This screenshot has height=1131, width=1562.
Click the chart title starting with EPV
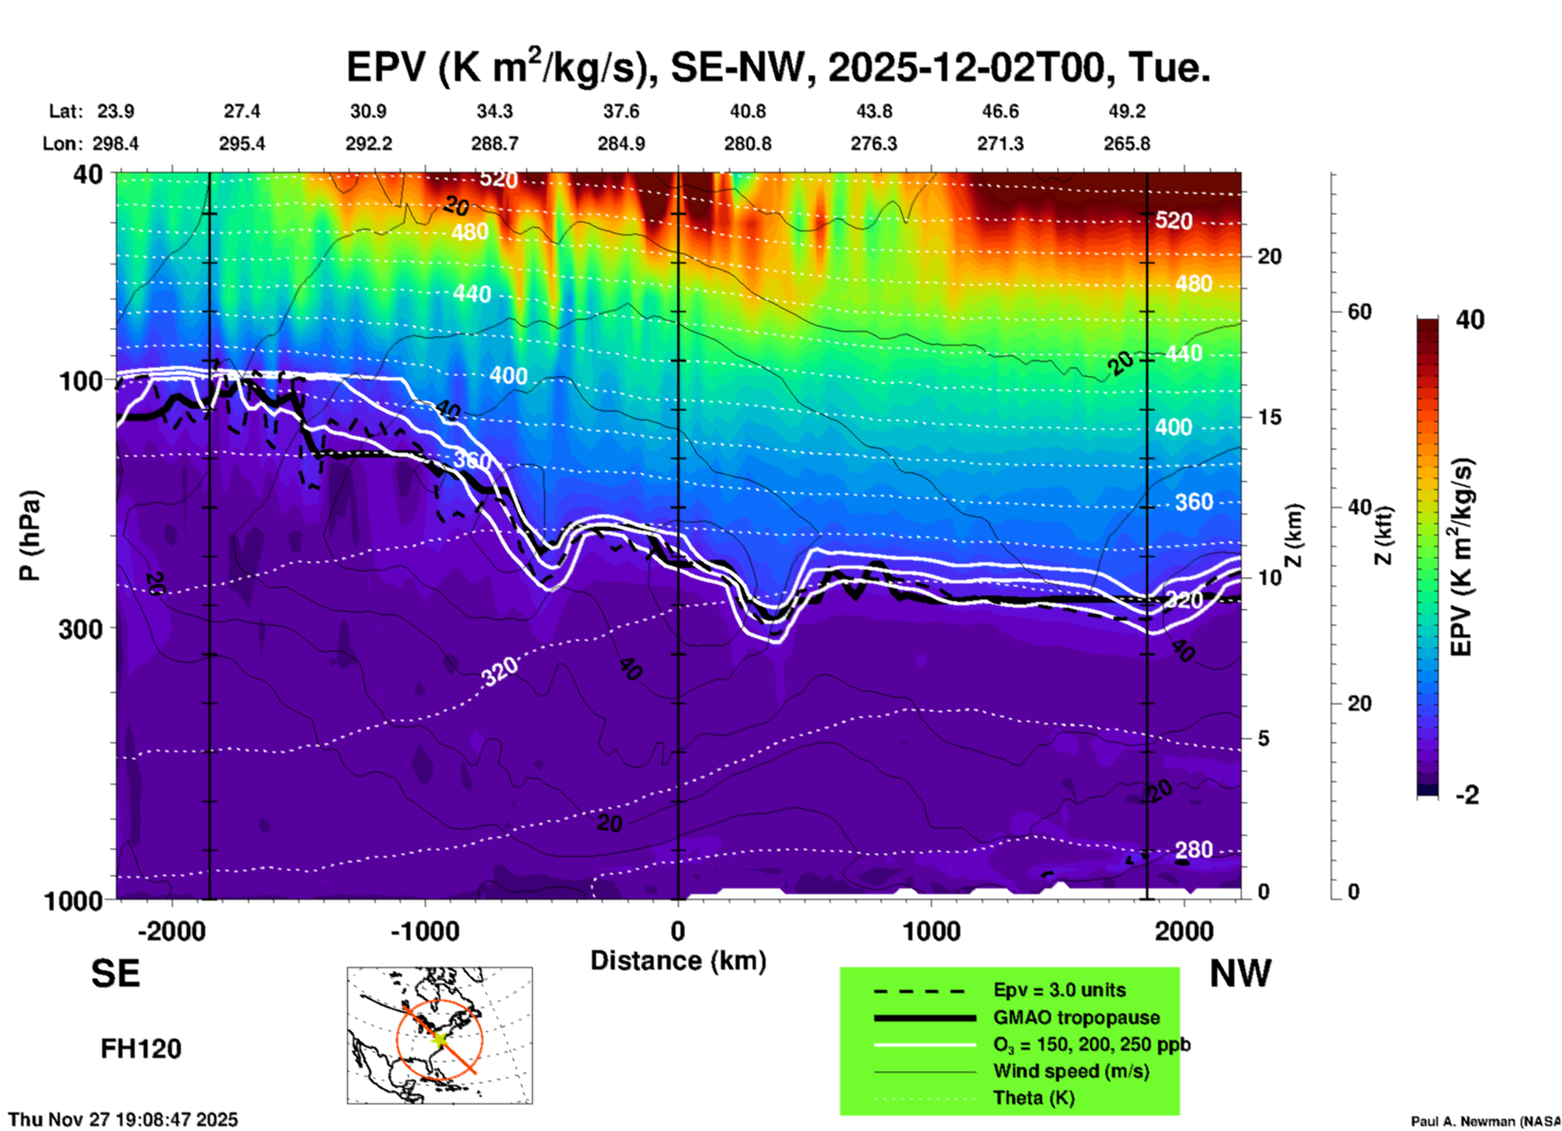[x=779, y=67]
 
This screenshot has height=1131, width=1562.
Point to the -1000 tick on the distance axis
[x=425, y=931]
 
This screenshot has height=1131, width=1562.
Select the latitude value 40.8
[x=747, y=111]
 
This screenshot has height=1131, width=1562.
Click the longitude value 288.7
[x=495, y=144]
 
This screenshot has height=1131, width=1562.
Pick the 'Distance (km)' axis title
[x=678, y=961]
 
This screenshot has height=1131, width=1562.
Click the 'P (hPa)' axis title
[x=30, y=535]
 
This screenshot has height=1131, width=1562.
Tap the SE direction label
[x=115, y=974]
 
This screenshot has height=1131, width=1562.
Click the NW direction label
[x=1240, y=974]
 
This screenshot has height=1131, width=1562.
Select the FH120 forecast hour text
[x=141, y=1049]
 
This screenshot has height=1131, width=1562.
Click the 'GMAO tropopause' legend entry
[x=1076, y=1017]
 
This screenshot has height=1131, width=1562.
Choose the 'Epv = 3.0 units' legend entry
[x=1059, y=991]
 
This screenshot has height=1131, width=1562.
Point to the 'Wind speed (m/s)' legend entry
[x=1071, y=1071]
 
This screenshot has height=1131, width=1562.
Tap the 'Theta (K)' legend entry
[x=1033, y=1098]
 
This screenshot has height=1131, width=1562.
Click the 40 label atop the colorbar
[x=1470, y=320]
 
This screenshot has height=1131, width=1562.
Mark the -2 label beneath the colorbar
[x=1467, y=795]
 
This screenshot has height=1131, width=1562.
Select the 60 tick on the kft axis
[x=1359, y=312]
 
